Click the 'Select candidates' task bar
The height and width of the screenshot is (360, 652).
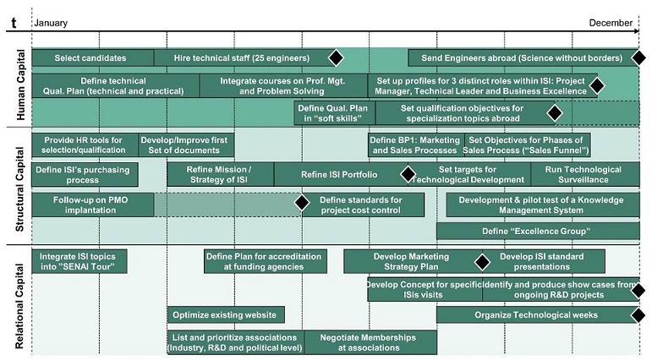91,58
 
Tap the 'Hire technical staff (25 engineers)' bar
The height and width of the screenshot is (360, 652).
241,58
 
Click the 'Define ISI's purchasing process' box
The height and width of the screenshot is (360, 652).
66,175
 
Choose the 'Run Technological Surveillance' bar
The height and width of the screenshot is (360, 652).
583,175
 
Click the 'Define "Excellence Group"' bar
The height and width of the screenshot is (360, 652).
536,231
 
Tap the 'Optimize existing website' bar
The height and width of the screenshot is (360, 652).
225,315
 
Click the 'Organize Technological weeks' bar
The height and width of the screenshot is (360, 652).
536,315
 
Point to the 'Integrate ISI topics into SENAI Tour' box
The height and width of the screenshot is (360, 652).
78,261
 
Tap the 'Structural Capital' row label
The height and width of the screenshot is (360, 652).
20,185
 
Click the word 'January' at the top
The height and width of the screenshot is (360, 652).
51,24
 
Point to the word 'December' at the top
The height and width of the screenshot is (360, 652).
611,24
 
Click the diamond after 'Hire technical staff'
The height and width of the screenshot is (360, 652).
336,58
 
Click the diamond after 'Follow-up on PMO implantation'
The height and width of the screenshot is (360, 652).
300,204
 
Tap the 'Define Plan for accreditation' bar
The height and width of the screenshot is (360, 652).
264,261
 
